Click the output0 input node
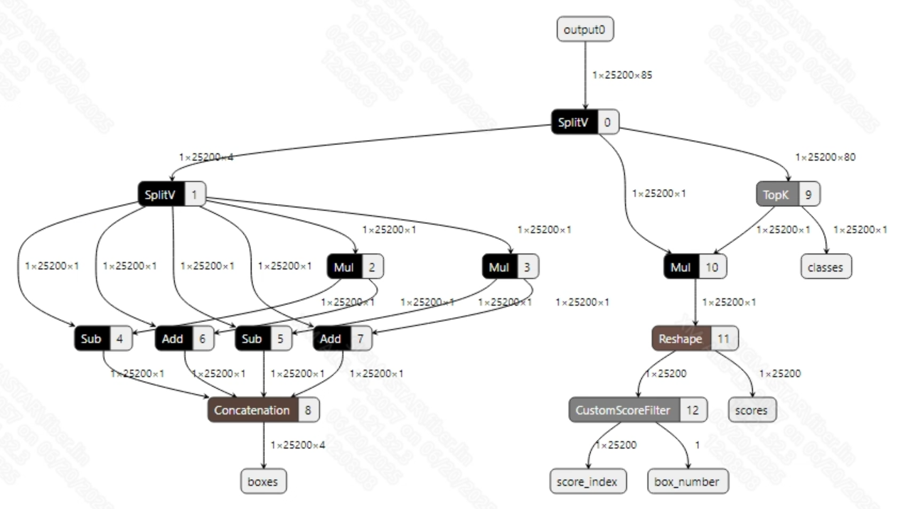point(584,30)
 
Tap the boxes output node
point(263,481)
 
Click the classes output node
point(825,267)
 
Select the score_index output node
point(588,481)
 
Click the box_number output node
point(686,481)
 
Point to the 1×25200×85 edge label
point(622,74)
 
